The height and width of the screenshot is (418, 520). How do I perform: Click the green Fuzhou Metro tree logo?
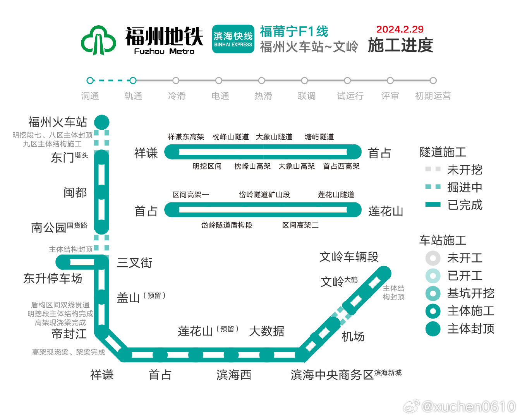(99, 40)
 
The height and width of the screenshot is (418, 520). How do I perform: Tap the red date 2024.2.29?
(400, 29)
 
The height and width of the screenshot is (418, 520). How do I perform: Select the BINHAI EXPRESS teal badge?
(233, 39)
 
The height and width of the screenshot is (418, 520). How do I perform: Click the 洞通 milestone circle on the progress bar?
(90, 81)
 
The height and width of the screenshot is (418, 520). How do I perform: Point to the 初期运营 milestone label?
(433, 96)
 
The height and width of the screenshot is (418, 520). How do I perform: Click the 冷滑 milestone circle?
(176, 81)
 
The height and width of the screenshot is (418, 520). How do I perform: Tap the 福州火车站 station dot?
(102, 122)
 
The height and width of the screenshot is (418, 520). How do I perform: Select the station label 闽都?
(75, 193)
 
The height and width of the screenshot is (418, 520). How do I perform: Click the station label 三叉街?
(135, 263)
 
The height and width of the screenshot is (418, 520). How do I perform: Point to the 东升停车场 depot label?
(53, 278)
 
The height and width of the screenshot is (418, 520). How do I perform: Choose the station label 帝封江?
(69, 334)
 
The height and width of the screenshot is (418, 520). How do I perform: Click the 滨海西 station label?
(233, 375)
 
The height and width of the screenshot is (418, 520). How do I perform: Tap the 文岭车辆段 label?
(349, 257)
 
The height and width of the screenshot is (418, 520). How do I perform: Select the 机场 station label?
(353, 336)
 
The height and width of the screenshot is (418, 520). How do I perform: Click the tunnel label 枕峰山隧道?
(230, 137)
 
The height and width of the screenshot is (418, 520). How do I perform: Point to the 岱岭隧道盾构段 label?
(227, 225)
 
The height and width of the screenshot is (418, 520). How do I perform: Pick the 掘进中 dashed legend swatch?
(433, 187)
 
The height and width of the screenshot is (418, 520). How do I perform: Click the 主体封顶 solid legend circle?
(433, 329)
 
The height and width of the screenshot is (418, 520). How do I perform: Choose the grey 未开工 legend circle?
(433, 258)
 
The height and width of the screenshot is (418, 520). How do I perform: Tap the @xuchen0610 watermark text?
(468, 407)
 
